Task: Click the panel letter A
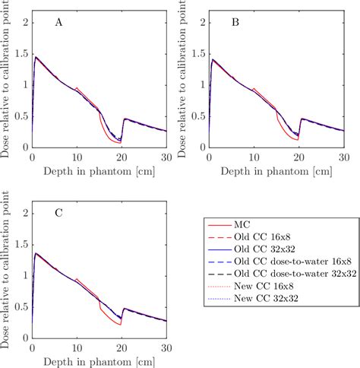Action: point(58,24)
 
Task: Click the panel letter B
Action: point(235,24)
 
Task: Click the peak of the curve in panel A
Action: point(35,56)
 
